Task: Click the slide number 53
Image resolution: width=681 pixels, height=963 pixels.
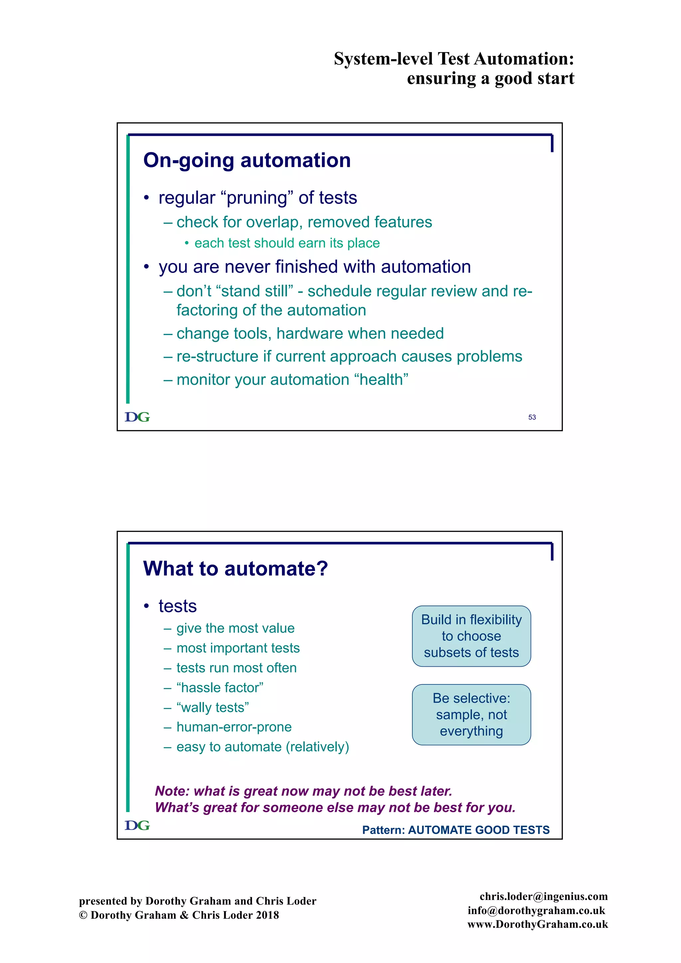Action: point(532,417)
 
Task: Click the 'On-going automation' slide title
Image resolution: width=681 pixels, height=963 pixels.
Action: point(247,160)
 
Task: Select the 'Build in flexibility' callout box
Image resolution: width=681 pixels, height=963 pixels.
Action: point(471,636)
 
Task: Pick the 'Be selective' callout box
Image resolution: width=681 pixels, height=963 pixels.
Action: point(471,715)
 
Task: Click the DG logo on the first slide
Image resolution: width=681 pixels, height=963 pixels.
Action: point(137,417)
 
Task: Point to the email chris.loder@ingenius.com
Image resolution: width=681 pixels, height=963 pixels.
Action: point(543,896)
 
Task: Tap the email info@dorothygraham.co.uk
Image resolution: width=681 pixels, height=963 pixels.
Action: point(536,910)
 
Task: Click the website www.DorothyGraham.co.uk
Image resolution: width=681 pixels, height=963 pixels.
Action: point(538,924)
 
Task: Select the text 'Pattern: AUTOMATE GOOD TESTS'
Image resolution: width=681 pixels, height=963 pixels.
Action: point(456,830)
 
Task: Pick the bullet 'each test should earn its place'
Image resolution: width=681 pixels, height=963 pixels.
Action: point(287,243)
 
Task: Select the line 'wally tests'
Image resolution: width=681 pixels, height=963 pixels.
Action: point(212,708)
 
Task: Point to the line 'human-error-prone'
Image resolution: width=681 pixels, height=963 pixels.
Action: point(234,727)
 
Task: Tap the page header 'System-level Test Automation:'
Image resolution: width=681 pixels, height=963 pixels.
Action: point(454,59)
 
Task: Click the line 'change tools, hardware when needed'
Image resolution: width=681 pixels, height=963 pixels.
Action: point(310,334)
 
